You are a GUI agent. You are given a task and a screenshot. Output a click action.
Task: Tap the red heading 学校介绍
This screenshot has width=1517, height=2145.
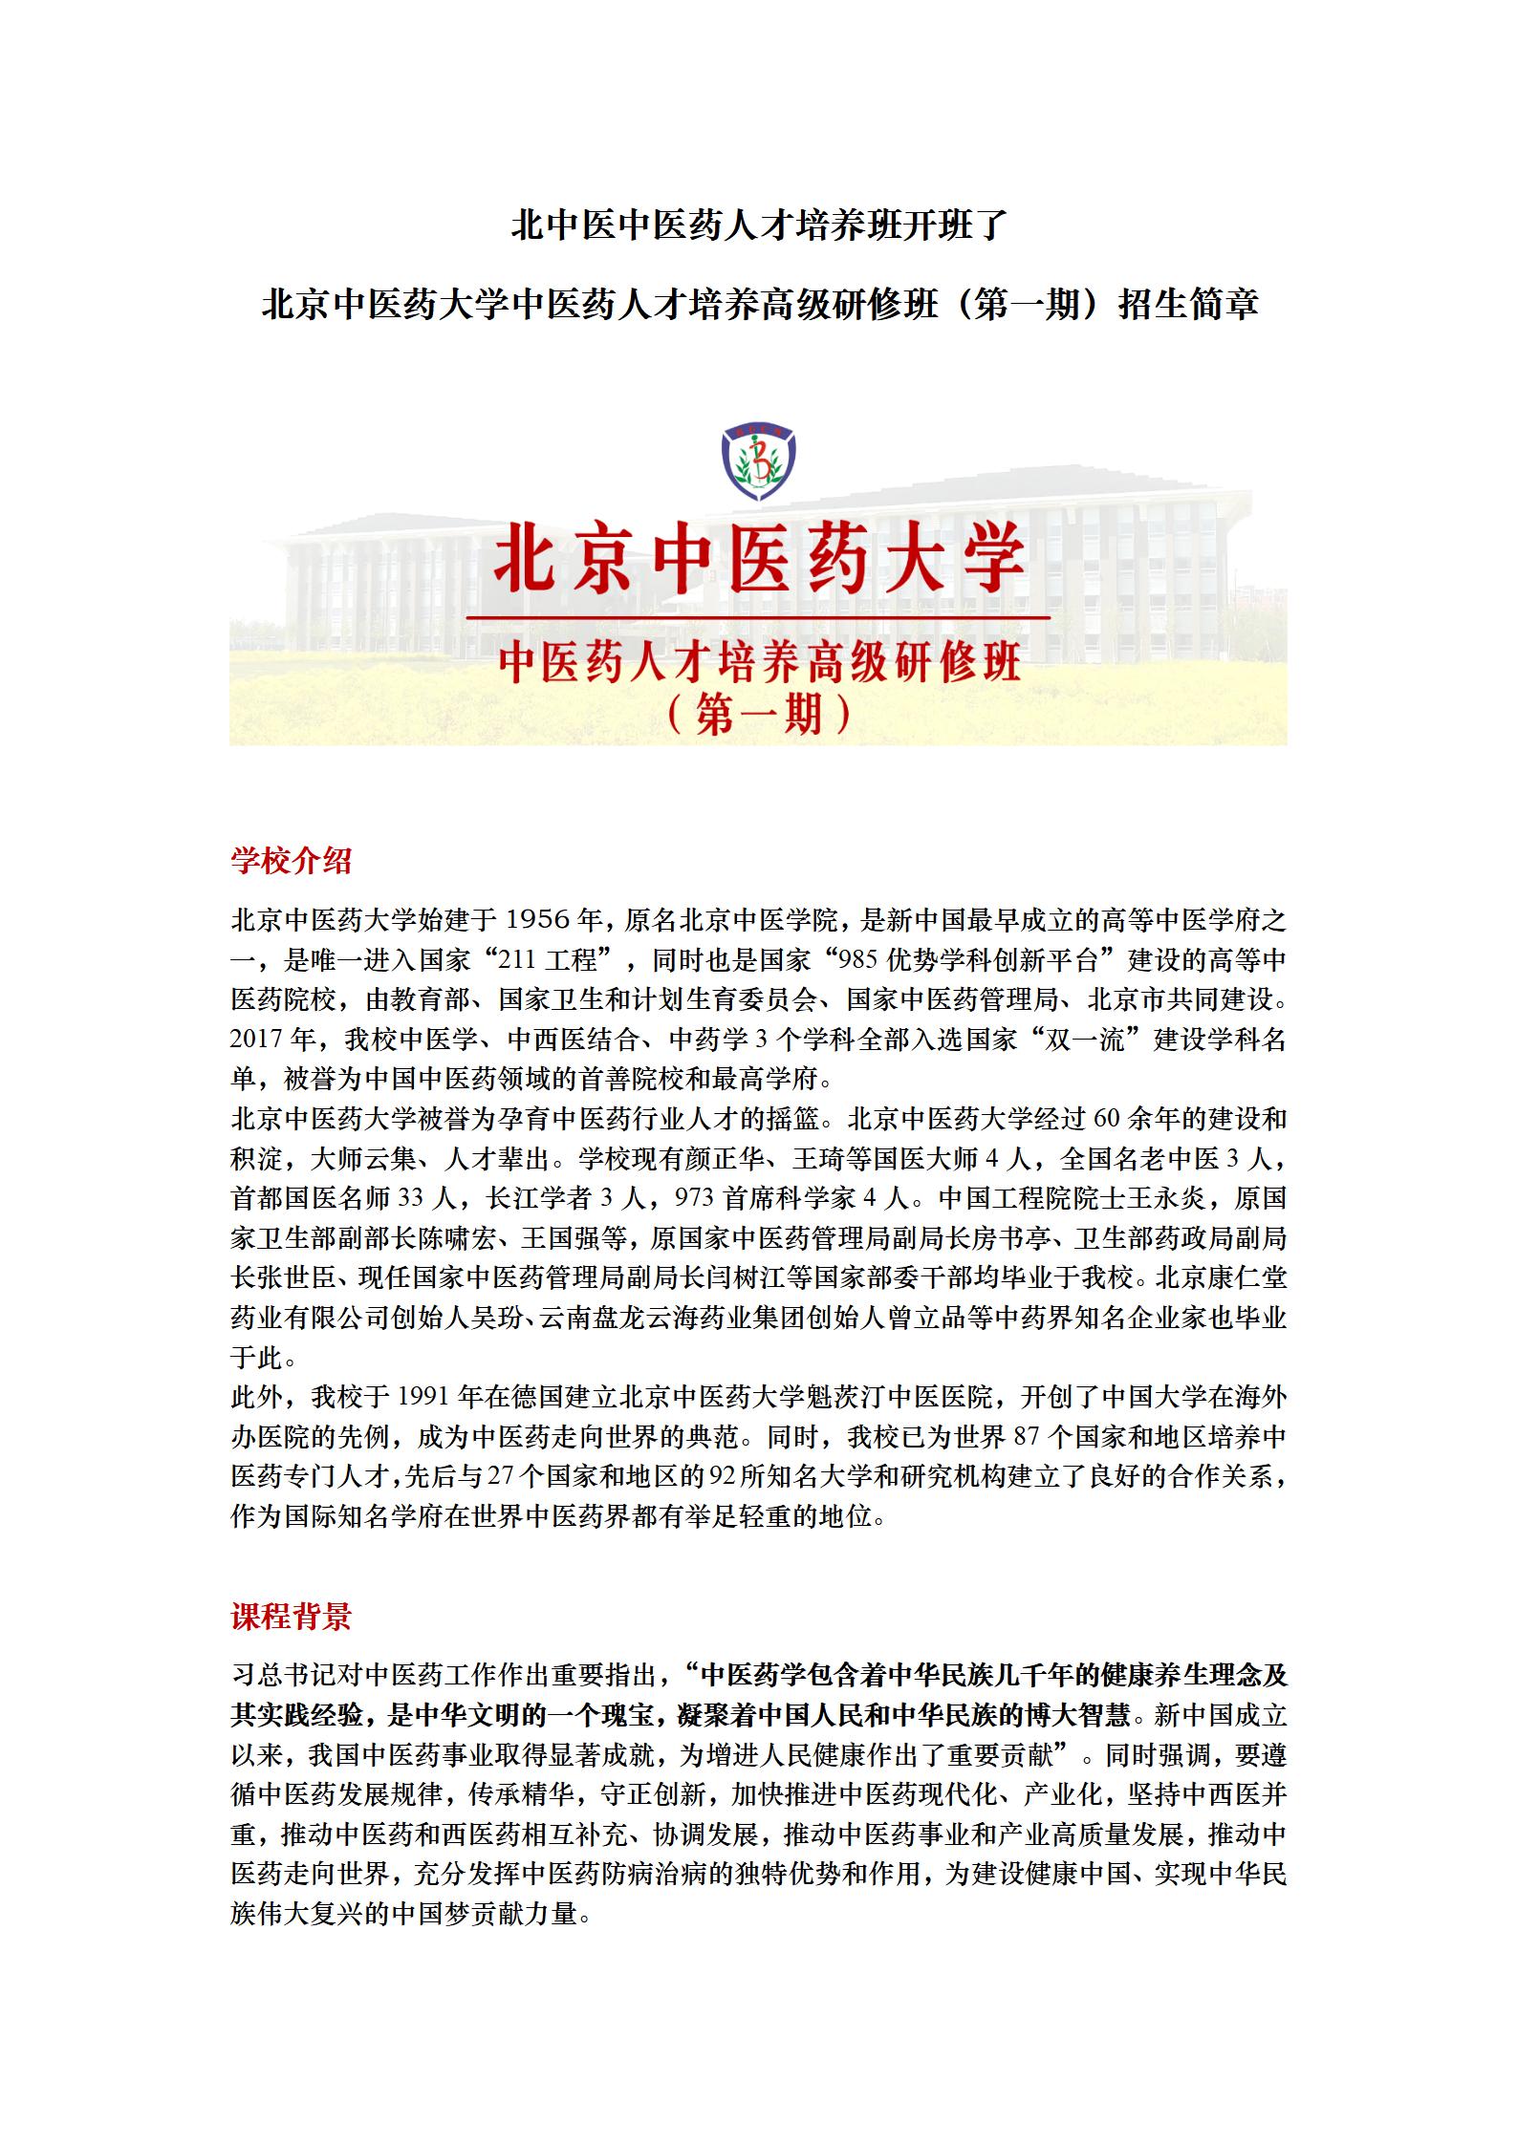pyautogui.click(x=292, y=861)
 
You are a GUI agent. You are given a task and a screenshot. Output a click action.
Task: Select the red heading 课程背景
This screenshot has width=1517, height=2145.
pyautogui.click(x=292, y=1617)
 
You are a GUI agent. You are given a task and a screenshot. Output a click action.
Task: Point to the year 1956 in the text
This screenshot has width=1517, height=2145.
pyautogui.click(x=537, y=920)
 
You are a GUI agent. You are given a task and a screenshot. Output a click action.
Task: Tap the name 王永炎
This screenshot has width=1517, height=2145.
pyautogui.click(x=1182, y=1198)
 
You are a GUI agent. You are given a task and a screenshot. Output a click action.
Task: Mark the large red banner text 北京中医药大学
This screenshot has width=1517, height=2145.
pyautogui.click(x=758, y=563)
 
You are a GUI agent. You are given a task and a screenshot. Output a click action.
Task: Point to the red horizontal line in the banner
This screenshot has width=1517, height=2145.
pyautogui.click(x=758, y=619)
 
